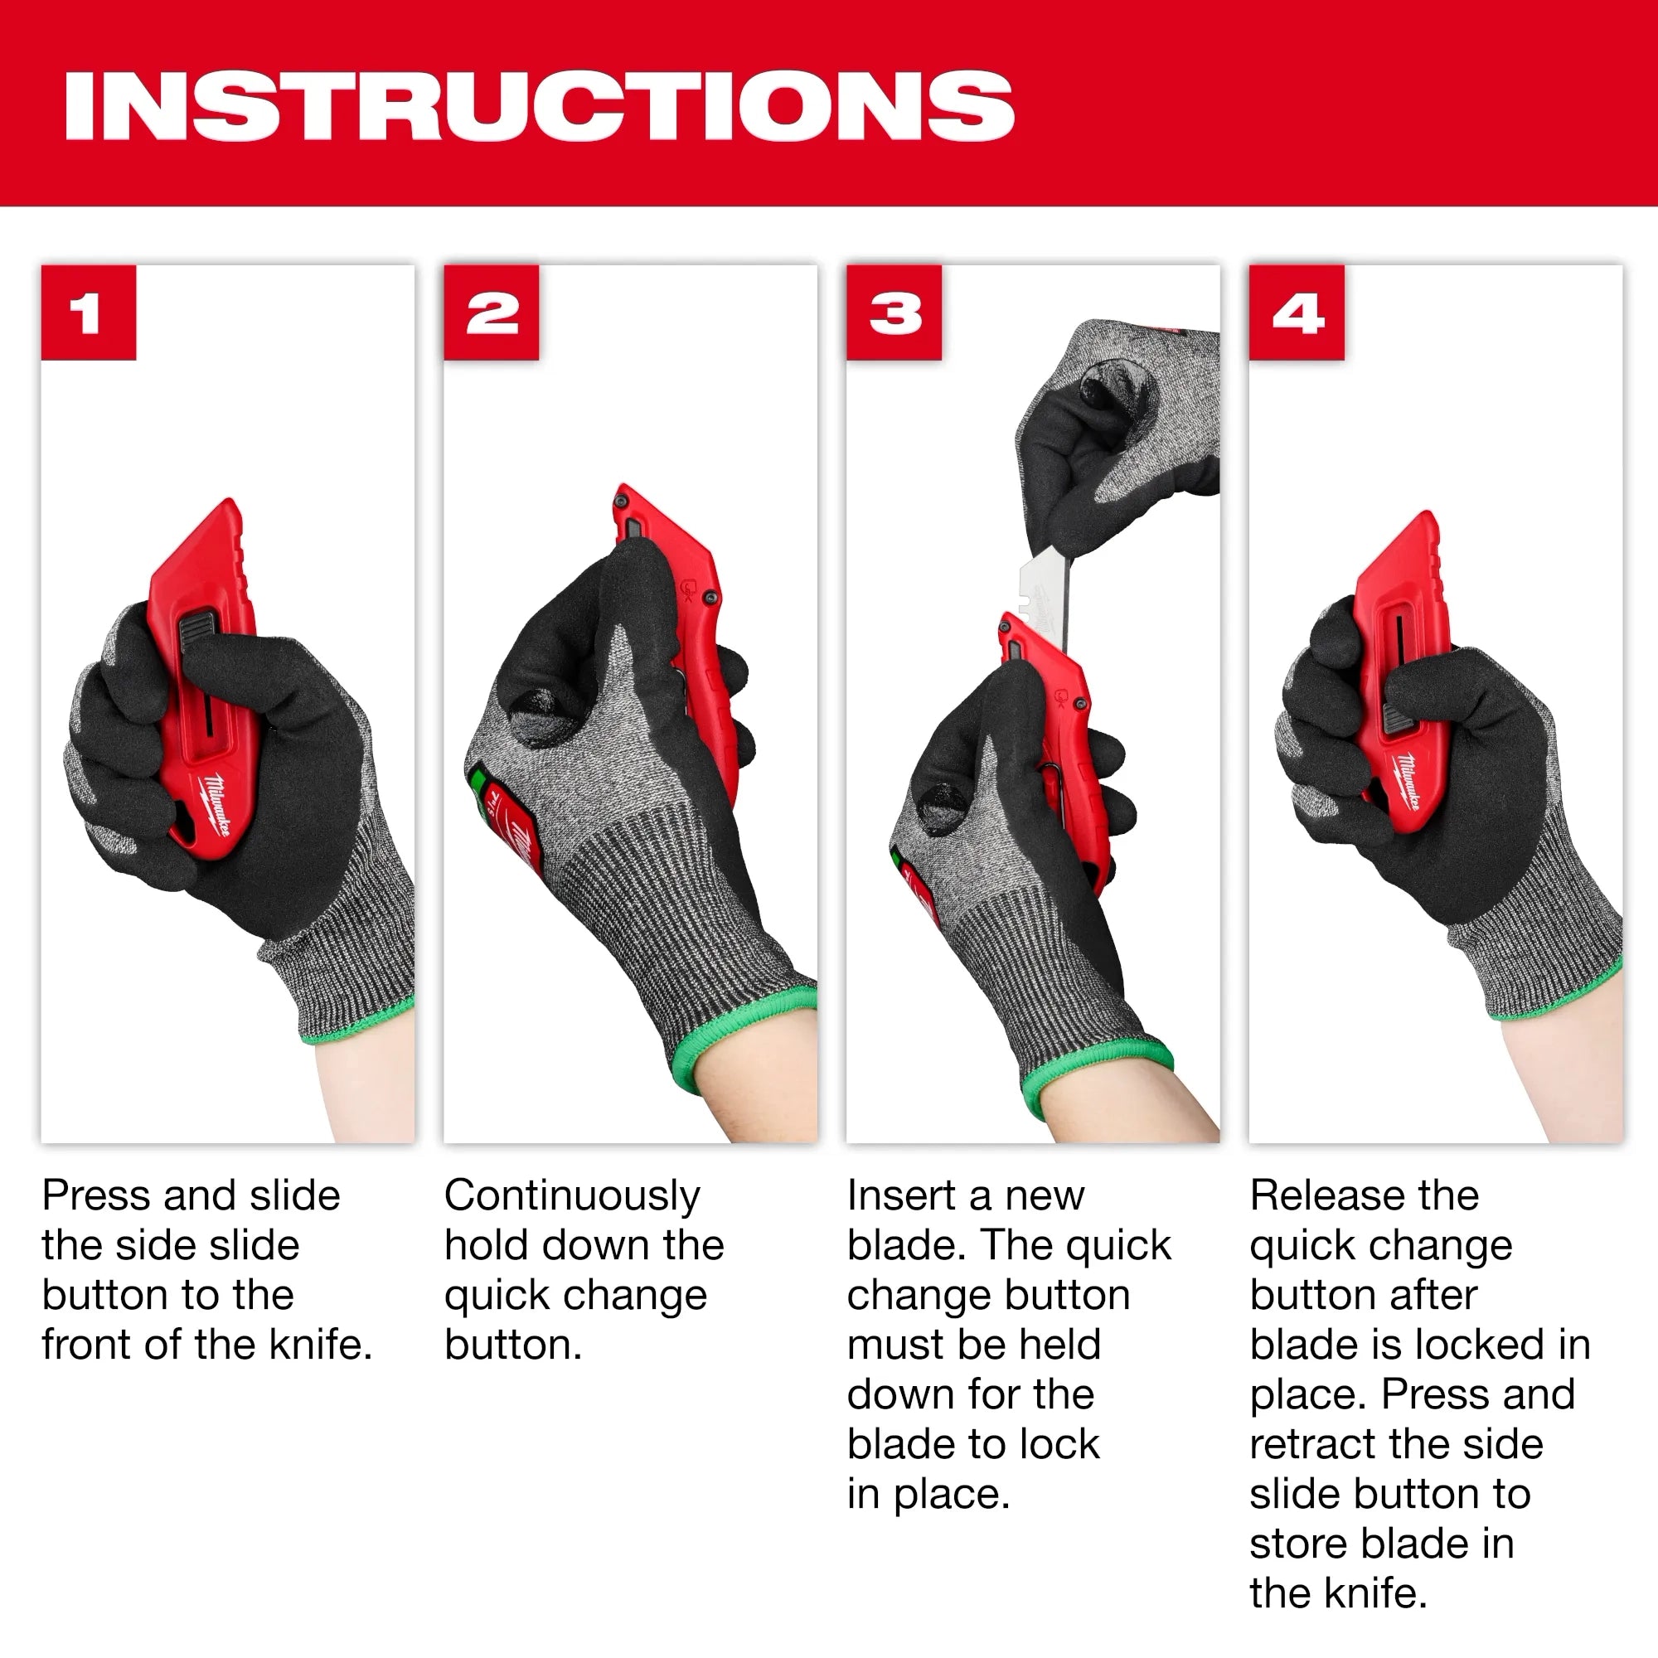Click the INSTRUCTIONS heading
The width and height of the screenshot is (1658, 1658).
pyautogui.click(x=539, y=105)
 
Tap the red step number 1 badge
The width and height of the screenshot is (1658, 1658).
pyautogui.click(x=89, y=313)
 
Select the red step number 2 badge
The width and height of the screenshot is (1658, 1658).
pyautogui.click(x=492, y=313)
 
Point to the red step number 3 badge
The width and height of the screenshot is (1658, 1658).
pyautogui.click(x=894, y=313)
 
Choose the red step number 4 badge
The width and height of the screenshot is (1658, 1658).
pyautogui.click(x=1297, y=313)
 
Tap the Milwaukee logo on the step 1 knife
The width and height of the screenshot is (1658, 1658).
pyautogui.click(x=216, y=803)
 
